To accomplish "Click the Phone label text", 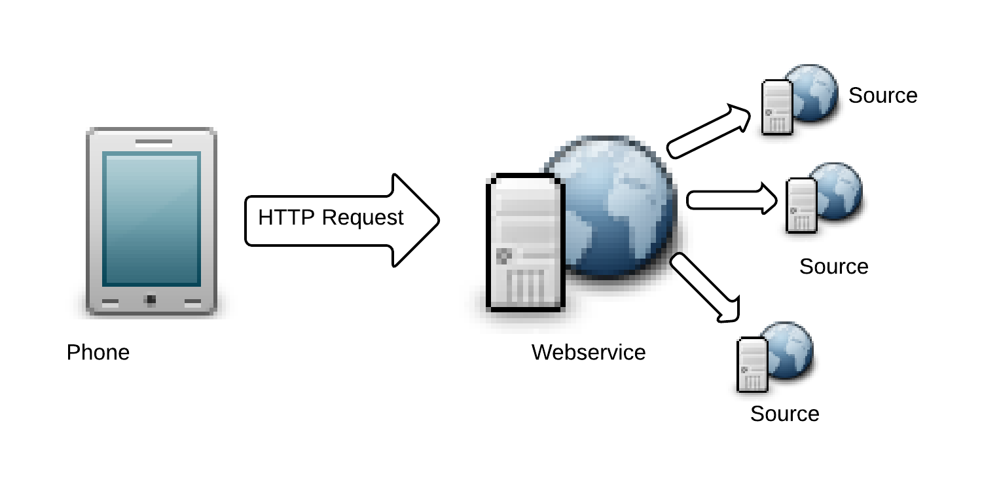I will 98,353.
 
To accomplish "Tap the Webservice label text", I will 589,352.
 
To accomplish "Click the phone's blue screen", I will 151,219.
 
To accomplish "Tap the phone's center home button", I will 151,300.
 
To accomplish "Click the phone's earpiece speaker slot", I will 154,141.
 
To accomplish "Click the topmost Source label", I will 882,96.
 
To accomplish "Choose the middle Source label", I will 833,266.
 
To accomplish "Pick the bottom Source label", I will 784,414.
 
